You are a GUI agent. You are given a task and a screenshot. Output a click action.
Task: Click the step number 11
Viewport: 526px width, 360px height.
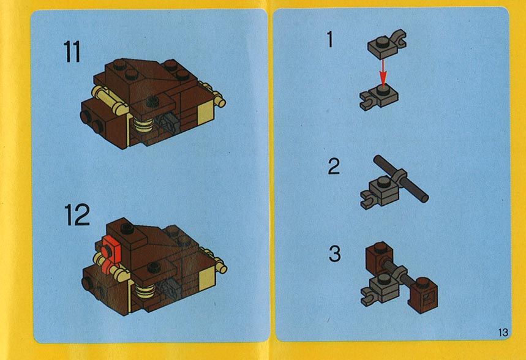pyautogui.click(x=72, y=51)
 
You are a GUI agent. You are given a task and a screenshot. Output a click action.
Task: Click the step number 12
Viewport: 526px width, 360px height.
pyautogui.click(x=77, y=215)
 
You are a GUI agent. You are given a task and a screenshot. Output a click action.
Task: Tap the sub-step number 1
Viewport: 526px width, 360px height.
pyautogui.click(x=330, y=39)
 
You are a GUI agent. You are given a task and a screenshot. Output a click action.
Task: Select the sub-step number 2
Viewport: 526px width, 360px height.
pyautogui.click(x=334, y=167)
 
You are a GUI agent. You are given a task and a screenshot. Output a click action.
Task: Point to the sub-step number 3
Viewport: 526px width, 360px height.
pyautogui.click(x=334, y=254)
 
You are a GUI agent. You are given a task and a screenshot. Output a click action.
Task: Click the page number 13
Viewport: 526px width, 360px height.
pyautogui.click(x=503, y=332)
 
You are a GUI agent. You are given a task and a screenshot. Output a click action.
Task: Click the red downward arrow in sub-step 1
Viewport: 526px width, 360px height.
pyautogui.click(x=382, y=73)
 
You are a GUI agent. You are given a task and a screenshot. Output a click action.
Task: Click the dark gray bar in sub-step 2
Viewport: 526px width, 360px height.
pyautogui.click(x=400, y=179)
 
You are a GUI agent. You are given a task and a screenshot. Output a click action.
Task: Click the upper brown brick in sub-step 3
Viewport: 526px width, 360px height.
pyautogui.click(x=380, y=257)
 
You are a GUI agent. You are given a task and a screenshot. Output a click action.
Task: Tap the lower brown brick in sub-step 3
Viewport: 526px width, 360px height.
pyautogui.click(x=423, y=295)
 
